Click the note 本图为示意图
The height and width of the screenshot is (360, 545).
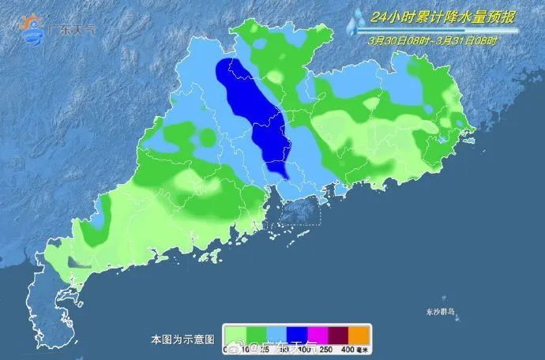coord(182,339)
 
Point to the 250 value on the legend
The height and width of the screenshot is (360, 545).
coord(327,350)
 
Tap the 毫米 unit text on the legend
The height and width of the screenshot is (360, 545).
coord(365,350)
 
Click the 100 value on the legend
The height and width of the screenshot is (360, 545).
coord(306,350)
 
